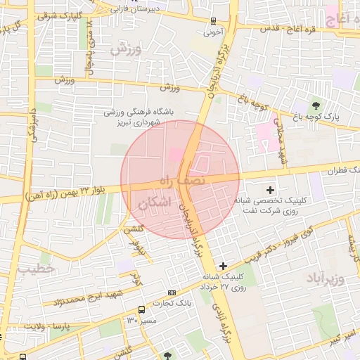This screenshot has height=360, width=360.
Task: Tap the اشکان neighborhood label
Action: [155, 204]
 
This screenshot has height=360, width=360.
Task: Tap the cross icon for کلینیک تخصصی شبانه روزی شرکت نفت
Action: [270, 190]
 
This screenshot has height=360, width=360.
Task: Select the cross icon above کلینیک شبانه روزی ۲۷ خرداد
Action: [223, 266]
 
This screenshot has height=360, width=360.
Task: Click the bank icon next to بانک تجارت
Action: [172, 292]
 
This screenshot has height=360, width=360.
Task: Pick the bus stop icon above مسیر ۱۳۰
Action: [142, 309]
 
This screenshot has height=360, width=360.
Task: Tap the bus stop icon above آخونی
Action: [214, 21]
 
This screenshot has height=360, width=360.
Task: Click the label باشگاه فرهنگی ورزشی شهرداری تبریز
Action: [143, 117]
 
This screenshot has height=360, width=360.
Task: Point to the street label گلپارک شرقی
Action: [59, 15]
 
